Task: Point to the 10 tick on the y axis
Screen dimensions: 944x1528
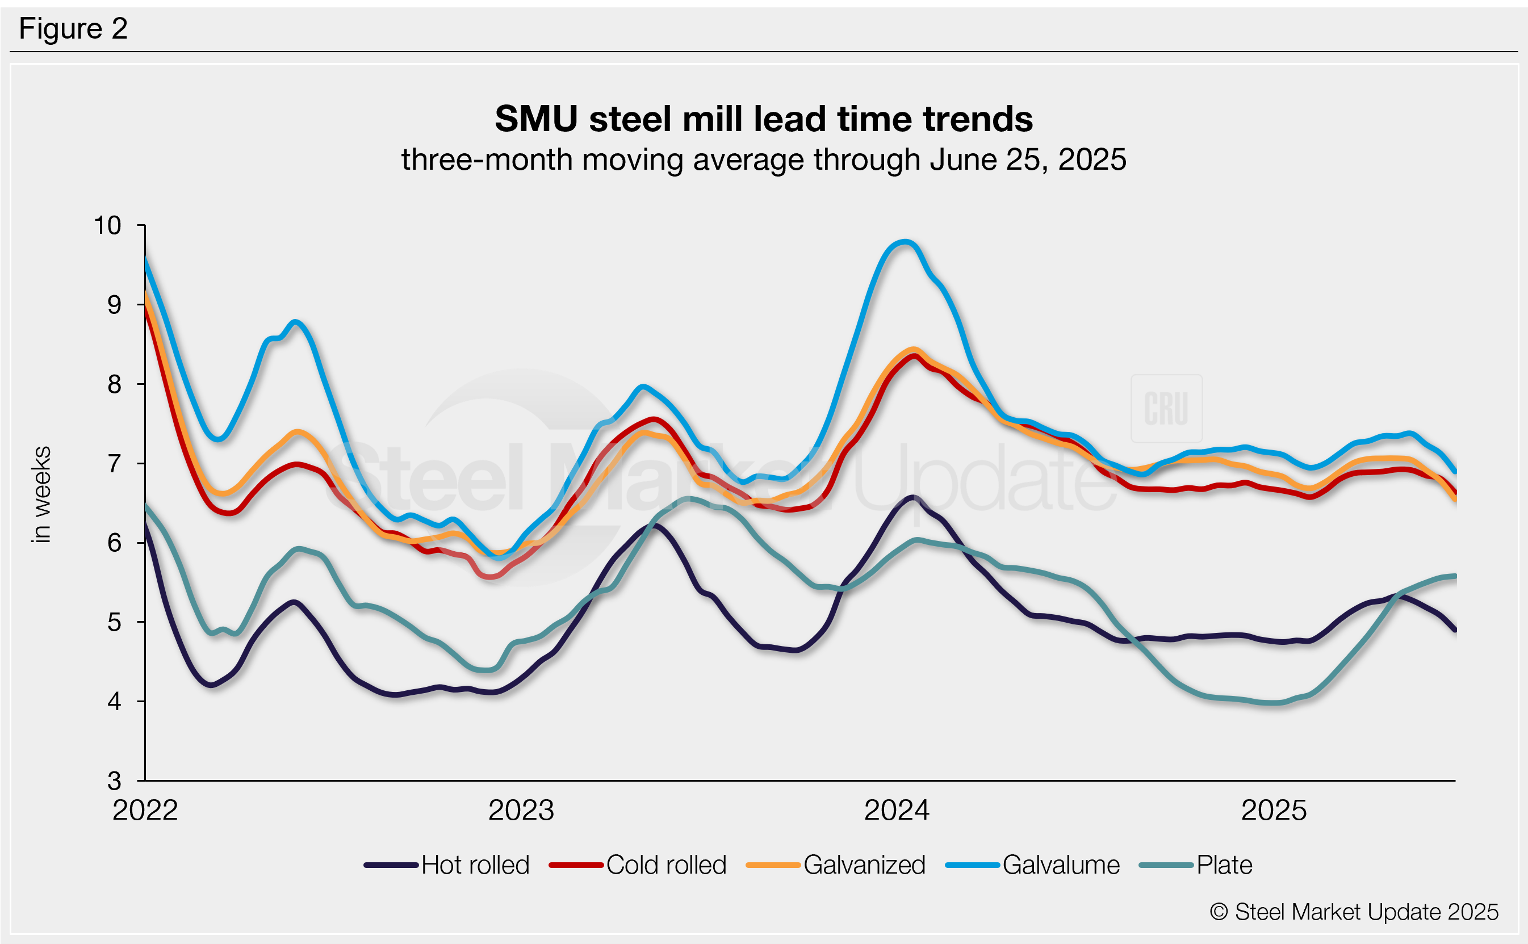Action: tap(107, 225)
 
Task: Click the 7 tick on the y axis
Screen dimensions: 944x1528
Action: tap(114, 464)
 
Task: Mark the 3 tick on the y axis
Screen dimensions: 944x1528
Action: tap(114, 781)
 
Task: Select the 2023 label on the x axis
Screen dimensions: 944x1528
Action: tap(521, 811)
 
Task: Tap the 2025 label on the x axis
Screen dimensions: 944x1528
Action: tap(1273, 811)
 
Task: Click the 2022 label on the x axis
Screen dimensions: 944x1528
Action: tap(145, 811)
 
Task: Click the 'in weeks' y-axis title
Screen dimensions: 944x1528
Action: tap(41, 494)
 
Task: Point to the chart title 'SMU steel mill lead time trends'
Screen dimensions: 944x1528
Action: tap(763, 119)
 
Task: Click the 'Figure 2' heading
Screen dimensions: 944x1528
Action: tap(73, 29)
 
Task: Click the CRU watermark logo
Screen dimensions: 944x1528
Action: tap(1166, 408)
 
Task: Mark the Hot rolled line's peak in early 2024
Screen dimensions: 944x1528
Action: tap(913, 498)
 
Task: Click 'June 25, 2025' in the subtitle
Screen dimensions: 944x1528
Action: tap(1028, 160)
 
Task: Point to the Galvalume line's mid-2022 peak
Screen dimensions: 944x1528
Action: tap(295, 322)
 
